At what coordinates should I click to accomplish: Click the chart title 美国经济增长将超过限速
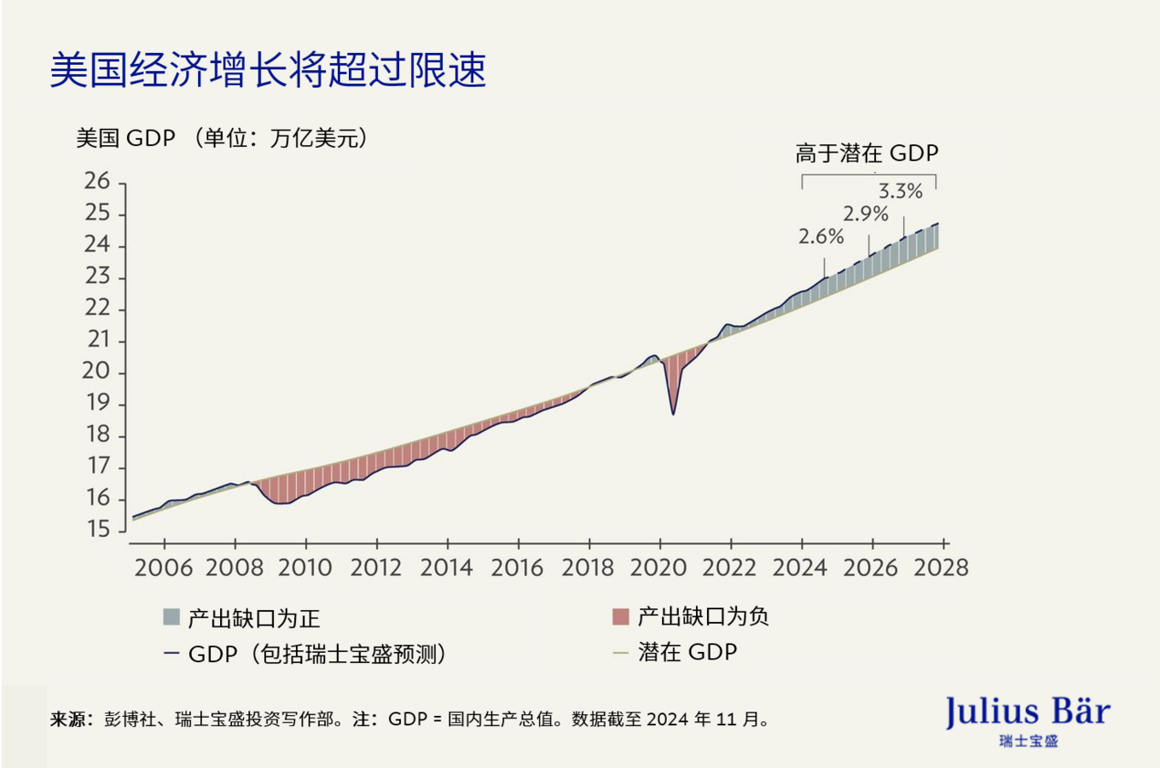click(x=268, y=70)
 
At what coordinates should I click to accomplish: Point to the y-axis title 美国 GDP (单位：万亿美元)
click(x=222, y=138)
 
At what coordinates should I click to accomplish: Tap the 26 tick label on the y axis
click(x=97, y=182)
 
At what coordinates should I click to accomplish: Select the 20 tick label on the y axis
click(x=96, y=371)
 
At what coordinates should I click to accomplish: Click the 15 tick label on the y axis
click(x=98, y=530)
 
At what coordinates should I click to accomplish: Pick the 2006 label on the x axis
click(x=163, y=568)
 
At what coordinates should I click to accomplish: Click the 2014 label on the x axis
click(x=446, y=568)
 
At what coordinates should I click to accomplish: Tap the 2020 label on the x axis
click(x=658, y=568)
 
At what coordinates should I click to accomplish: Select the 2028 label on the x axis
click(x=941, y=568)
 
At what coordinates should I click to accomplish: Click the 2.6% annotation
click(x=821, y=237)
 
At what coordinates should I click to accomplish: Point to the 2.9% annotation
click(x=866, y=214)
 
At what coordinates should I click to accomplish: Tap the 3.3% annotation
click(x=901, y=192)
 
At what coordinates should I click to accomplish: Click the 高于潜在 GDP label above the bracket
click(x=867, y=154)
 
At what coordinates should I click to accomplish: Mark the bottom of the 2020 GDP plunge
click(x=673, y=414)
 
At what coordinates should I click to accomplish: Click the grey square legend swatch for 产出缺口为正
click(x=171, y=617)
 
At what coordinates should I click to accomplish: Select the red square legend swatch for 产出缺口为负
click(x=621, y=616)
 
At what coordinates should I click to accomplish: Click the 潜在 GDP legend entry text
click(x=687, y=653)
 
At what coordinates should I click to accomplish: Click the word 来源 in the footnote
click(x=67, y=719)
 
